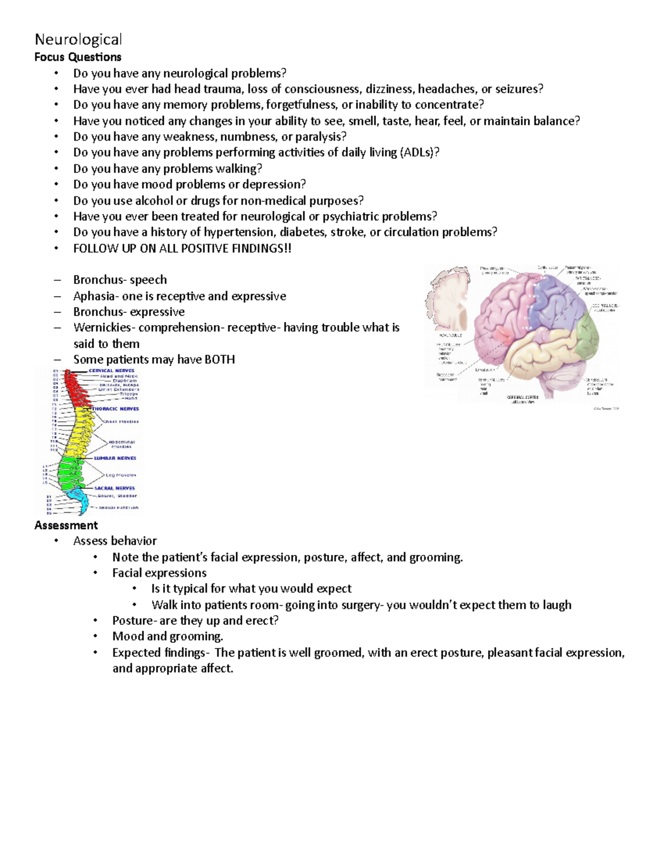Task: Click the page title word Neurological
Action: coord(78,40)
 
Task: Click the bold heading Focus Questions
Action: coord(77,57)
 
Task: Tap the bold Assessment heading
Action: coord(66,525)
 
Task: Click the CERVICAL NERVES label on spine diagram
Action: coord(113,370)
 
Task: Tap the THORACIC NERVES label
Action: coord(115,409)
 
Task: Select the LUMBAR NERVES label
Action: coord(115,458)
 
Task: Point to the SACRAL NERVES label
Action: coord(115,488)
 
